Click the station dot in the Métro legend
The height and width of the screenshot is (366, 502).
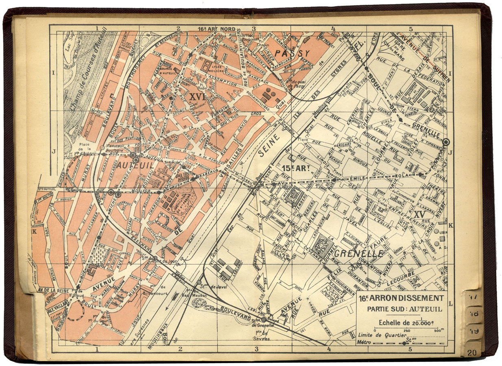tap(404, 343)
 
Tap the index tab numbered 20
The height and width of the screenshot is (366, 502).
tap(472, 353)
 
